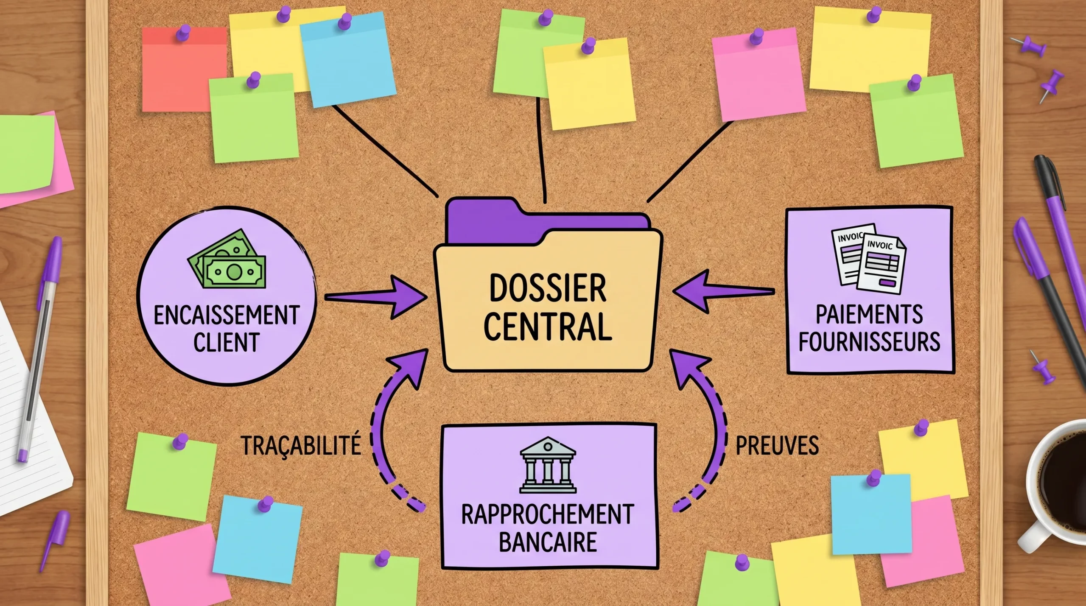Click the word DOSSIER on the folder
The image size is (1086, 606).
pos(547,289)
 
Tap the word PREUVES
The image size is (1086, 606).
pos(777,445)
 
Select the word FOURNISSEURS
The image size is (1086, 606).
pos(869,341)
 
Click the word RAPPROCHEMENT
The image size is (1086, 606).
pos(548,514)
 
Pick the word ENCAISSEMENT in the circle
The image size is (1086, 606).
pos(227,315)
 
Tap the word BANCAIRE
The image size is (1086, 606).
pos(548,542)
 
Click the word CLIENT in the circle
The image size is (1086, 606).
pos(227,342)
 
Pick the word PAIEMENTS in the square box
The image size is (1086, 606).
pos(869,314)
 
